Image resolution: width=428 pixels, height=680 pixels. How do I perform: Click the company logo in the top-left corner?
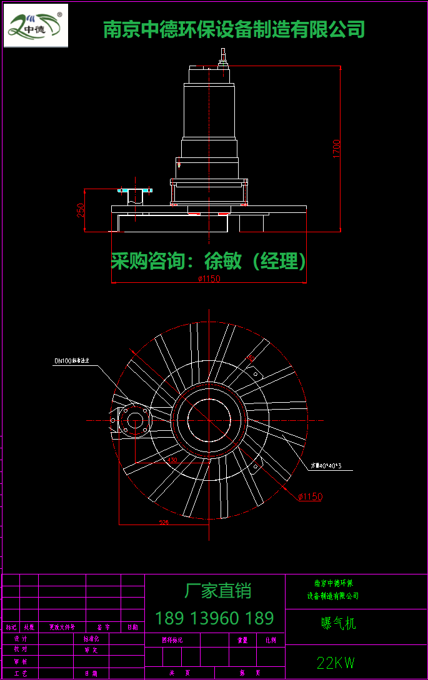click(x=36, y=26)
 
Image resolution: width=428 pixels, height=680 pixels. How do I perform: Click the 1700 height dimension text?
click(x=336, y=149)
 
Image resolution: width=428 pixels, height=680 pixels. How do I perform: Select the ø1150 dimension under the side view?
click(x=209, y=279)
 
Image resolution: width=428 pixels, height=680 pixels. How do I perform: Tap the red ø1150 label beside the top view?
click(x=310, y=496)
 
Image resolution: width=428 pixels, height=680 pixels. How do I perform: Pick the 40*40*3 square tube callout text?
click(x=329, y=466)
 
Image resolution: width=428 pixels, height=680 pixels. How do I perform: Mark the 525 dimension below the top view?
click(x=164, y=522)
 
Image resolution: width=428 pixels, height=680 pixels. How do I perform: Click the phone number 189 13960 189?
click(x=214, y=618)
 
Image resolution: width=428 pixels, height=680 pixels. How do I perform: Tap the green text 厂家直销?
click(x=217, y=590)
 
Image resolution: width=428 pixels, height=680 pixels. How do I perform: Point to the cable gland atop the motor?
click(x=222, y=59)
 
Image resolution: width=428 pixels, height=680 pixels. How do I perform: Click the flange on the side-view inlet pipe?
click(x=135, y=189)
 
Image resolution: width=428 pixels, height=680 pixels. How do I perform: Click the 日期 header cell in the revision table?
click(x=132, y=627)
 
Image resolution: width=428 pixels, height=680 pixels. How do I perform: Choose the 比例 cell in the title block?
click(x=271, y=640)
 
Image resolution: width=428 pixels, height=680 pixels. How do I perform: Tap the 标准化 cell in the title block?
click(x=91, y=639)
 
